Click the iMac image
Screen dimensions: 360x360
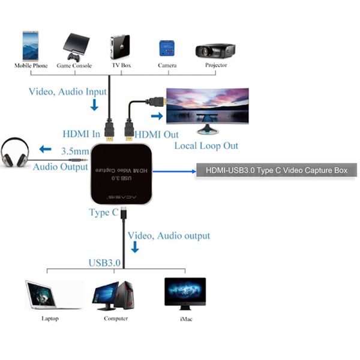click(185, 293)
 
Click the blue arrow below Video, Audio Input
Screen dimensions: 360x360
click(94, 106)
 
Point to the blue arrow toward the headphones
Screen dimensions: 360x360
click(46, 149)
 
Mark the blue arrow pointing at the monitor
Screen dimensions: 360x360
click(157, 116)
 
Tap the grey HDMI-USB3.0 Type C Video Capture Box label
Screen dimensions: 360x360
click(276, 171)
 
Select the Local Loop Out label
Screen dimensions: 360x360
click(206, 146)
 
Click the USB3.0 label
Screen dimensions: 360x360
click(104, 262)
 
